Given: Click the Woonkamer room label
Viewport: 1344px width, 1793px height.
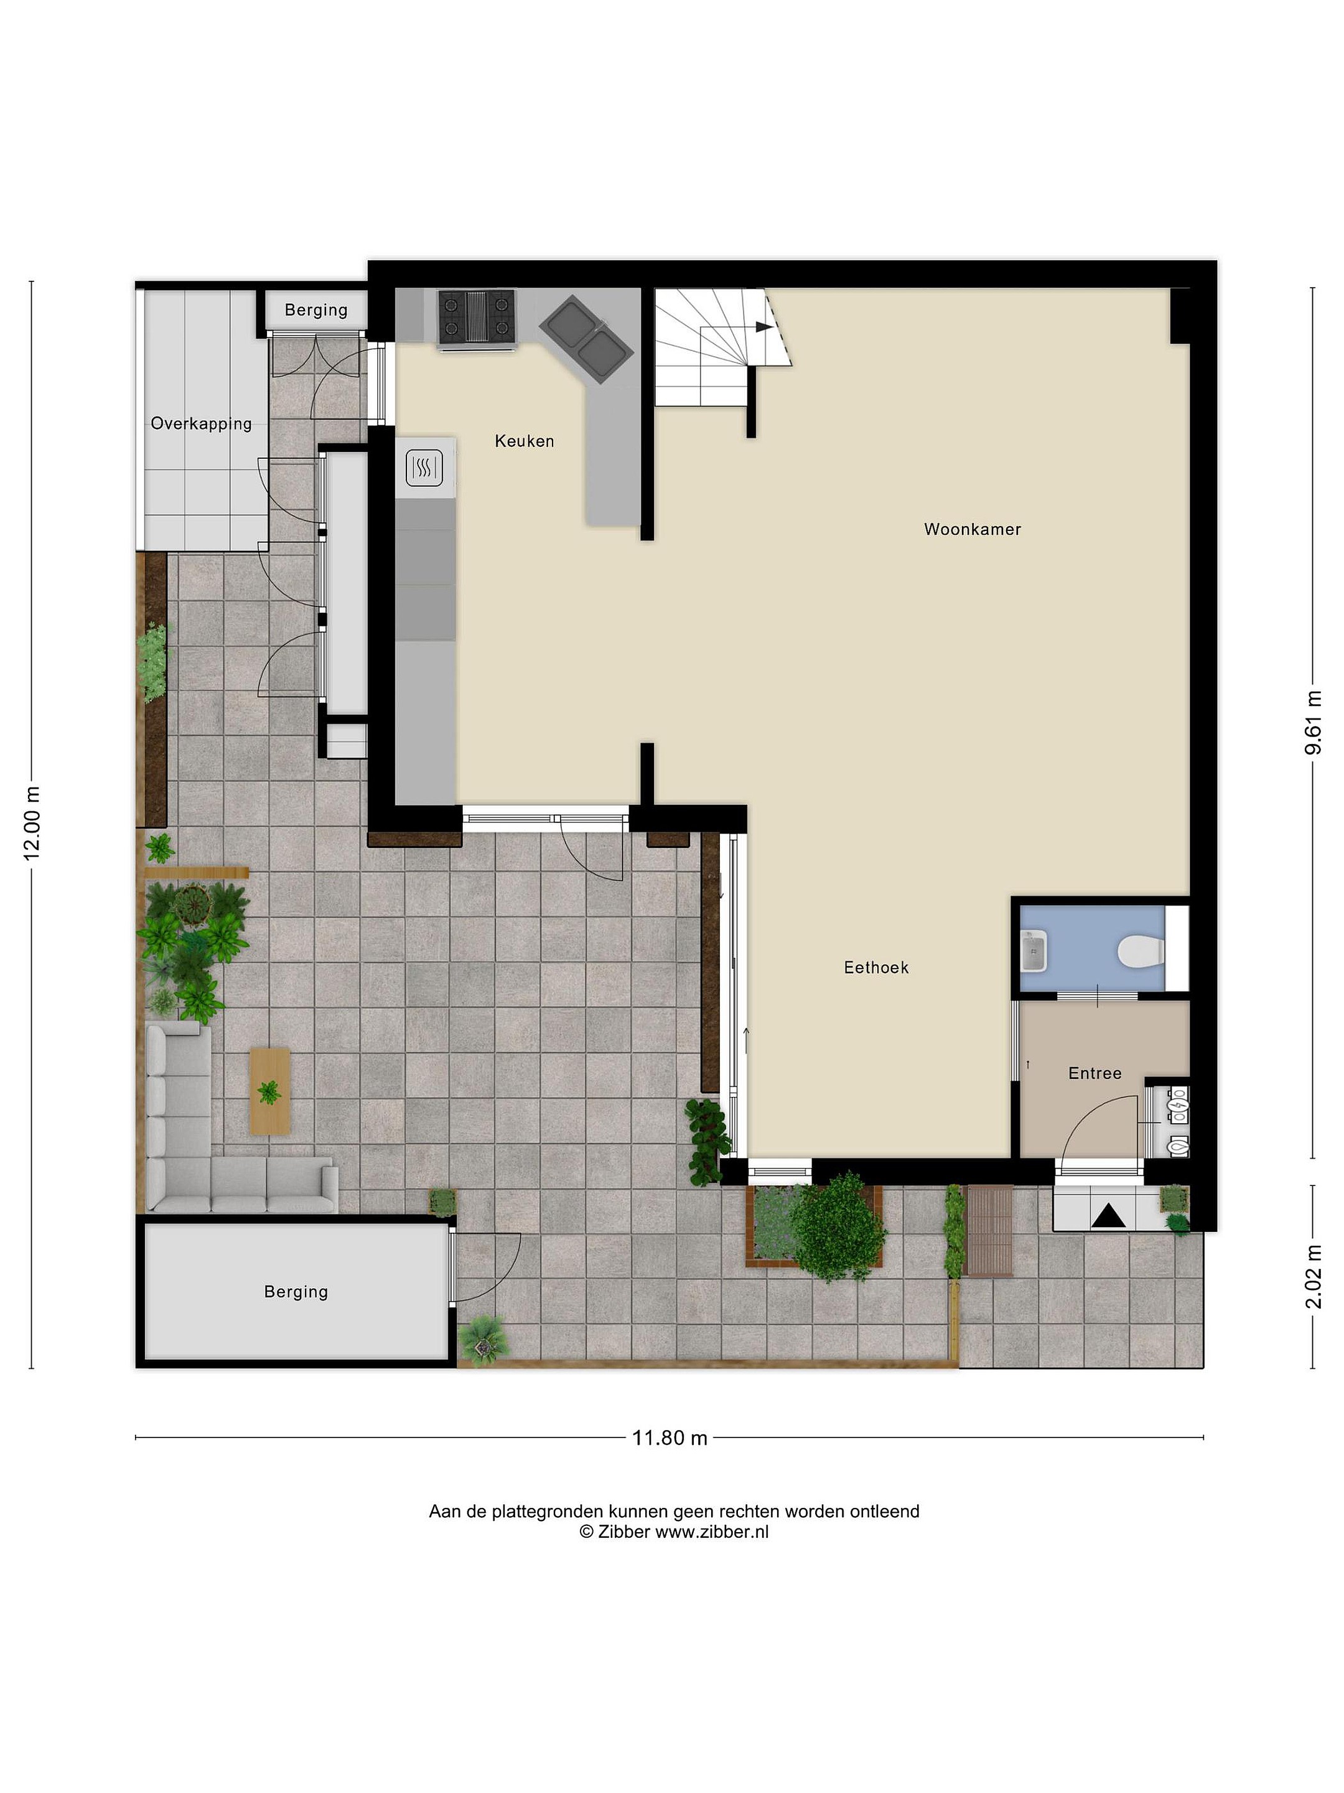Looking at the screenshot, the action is pos(971,529).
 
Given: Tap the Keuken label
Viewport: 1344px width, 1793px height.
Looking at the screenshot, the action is pos(524,441).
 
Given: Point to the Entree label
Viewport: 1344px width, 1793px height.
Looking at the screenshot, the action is pos(1094,1073).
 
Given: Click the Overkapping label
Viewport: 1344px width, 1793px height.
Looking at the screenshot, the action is pos(201,423).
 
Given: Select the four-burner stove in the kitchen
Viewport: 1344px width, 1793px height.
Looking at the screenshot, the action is pos(477,317).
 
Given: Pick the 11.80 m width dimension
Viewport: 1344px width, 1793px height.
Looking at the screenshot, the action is pos(669,1438).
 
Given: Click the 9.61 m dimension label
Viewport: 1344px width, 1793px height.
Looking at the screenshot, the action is pos(1314,722).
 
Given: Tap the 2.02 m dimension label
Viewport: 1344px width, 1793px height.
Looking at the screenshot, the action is pos(1314,1277).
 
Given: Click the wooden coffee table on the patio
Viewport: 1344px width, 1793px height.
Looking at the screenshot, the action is pos(270,1091).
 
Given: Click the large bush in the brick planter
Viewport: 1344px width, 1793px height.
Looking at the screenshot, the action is pos(838,1226).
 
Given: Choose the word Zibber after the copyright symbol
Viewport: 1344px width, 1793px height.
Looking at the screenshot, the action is pos(624,1531).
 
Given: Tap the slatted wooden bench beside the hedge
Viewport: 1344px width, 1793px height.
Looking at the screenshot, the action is pos(989,1230).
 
